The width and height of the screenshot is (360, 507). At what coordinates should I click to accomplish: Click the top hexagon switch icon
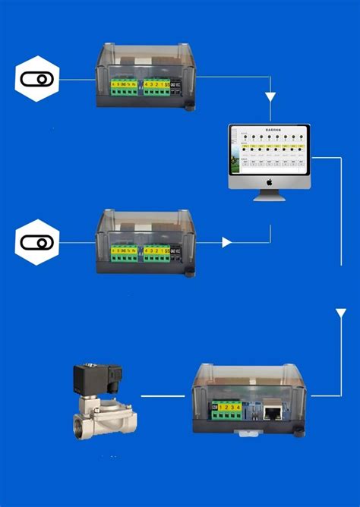[x=36, y=79]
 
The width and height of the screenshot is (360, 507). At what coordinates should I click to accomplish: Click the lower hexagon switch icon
[x=36, y=242]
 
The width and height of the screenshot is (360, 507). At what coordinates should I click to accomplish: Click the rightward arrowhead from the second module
[x=226, y=242]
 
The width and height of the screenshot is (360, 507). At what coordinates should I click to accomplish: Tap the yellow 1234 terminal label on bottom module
[x=230, y=408]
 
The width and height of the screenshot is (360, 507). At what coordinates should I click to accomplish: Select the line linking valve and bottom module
[x=163, y=395]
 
